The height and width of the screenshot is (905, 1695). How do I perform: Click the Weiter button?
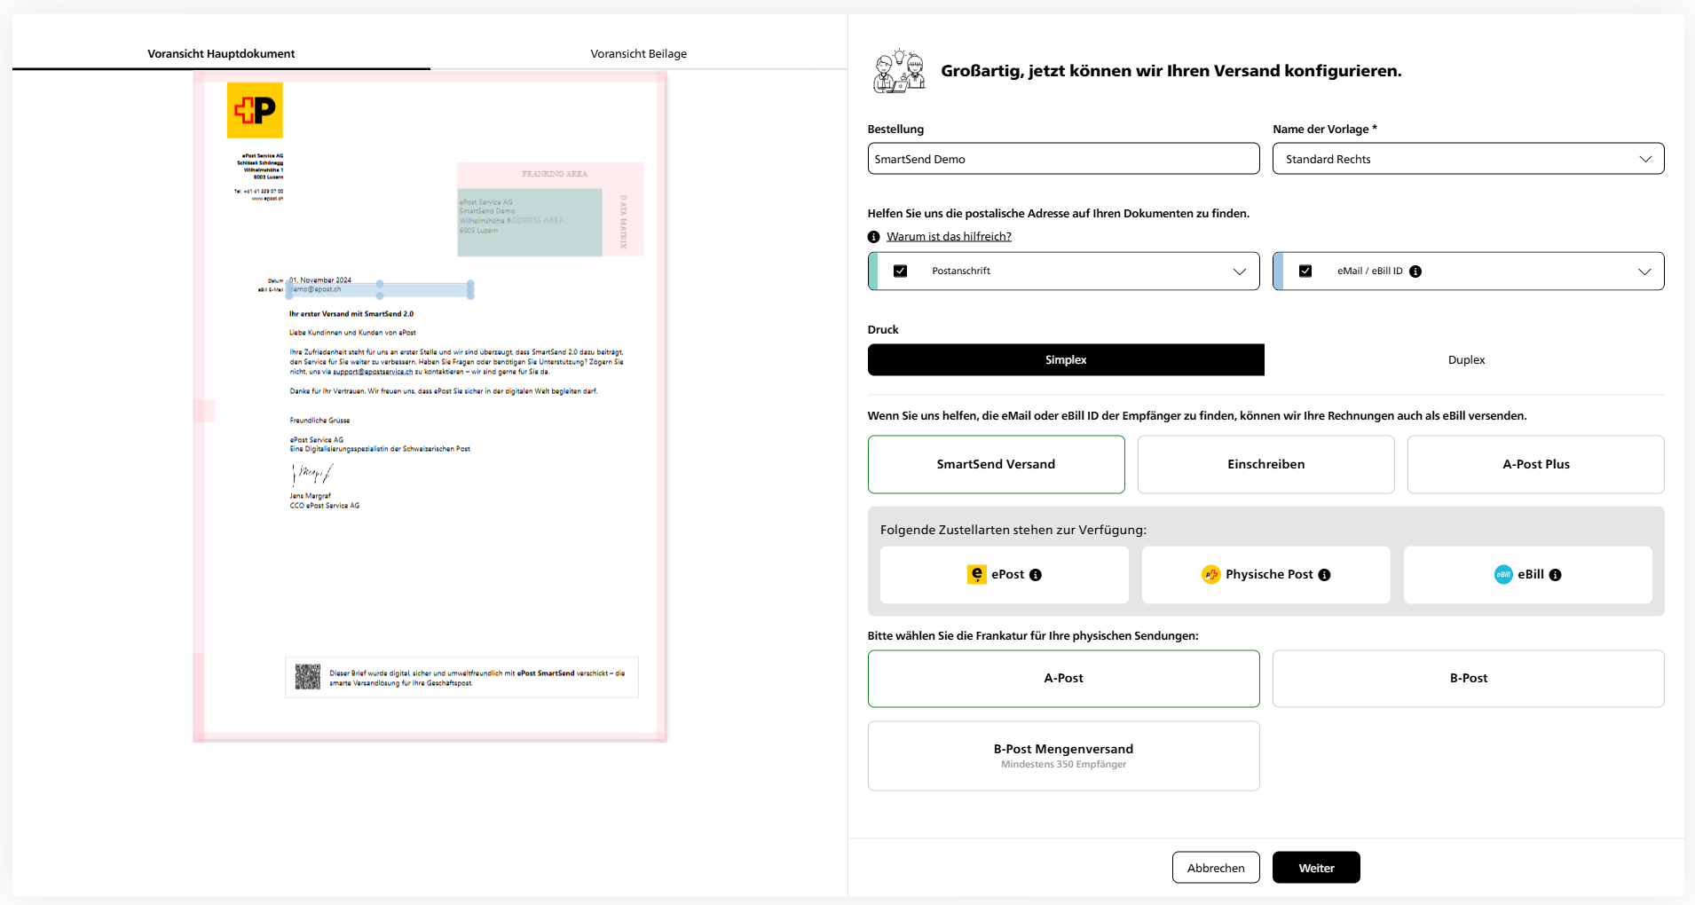1315,868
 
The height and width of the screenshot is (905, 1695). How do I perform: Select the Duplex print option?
1465,360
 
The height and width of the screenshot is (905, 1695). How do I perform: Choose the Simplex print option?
1065,360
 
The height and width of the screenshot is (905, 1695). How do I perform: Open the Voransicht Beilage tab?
638,54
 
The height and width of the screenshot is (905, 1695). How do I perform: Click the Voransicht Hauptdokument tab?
221,54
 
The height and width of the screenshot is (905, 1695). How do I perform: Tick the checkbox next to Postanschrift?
900,271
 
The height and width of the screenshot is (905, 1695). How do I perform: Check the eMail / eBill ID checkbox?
1305,271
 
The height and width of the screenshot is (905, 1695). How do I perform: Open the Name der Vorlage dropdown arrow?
1644,160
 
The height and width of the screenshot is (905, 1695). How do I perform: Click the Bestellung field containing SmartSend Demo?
1062,160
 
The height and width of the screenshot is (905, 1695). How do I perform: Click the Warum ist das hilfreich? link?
948,237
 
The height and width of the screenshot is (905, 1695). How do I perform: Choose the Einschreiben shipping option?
1265,465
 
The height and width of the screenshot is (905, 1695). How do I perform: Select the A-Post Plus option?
1535,465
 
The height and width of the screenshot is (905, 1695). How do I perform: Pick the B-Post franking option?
1468,679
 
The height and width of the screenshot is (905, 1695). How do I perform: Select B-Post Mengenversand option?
1062,756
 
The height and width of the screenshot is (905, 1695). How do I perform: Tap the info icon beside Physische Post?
1324,575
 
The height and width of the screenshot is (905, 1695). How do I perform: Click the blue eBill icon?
1502,575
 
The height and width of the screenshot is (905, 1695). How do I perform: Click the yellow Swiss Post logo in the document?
255,110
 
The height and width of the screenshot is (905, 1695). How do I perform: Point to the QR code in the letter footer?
307,677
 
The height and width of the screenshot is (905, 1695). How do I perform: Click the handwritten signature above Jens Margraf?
311,475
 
